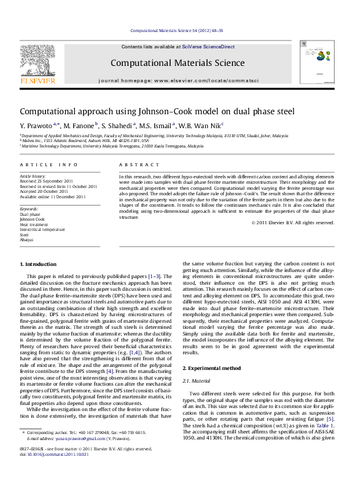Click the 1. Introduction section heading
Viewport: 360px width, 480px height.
[x=39, y=282]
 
